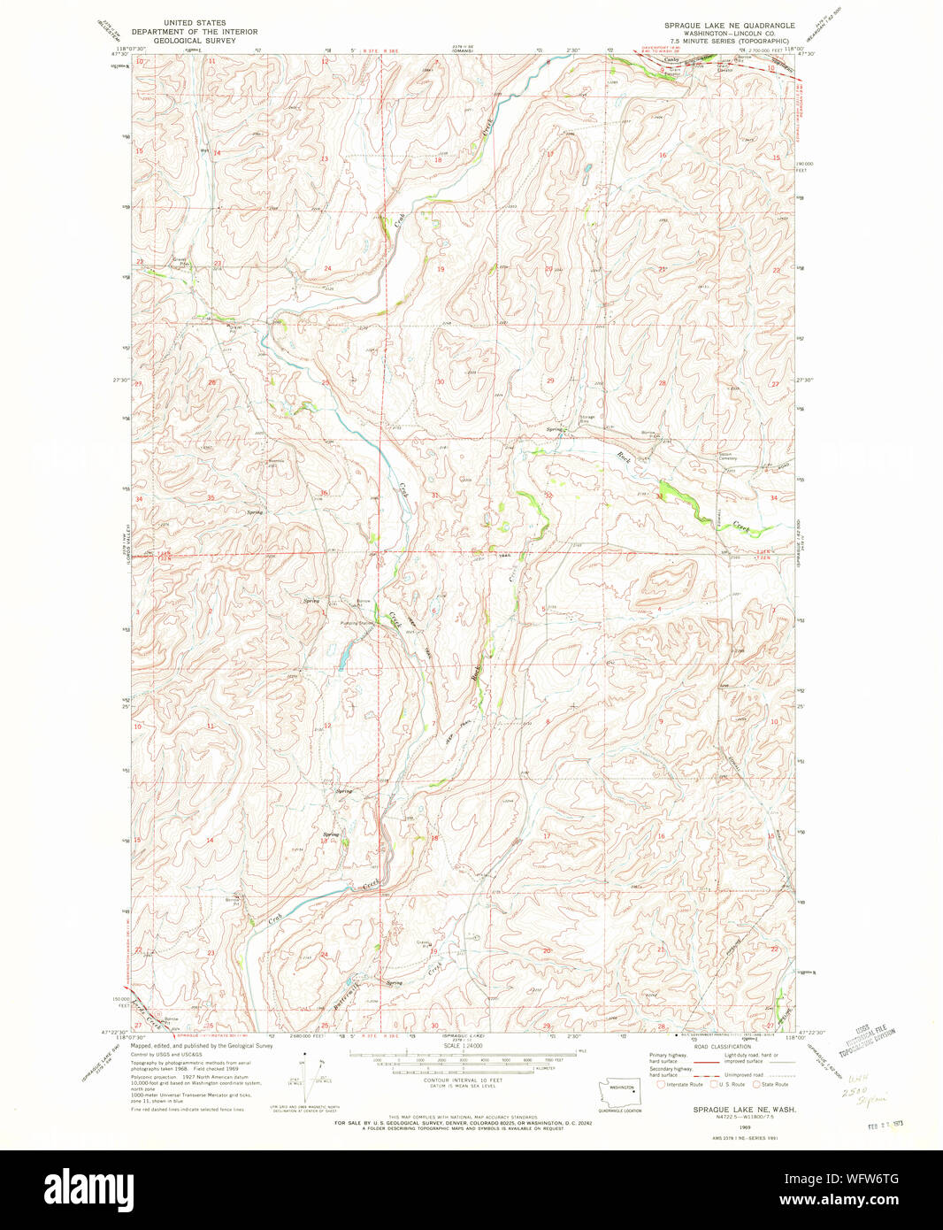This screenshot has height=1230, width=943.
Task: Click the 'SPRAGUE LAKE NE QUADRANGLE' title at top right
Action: click(x=730, y=25)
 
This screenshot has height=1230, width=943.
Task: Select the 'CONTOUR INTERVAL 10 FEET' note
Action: click(x=461, y=1081)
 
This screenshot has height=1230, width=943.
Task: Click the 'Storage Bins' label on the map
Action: click(x=587, y=419)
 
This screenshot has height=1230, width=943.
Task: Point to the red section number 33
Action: click(x=660, y=496)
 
